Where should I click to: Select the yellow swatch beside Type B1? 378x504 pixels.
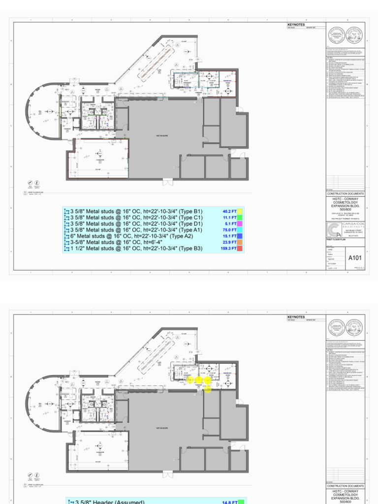pos(240,211)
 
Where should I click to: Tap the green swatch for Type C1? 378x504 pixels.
pos(240,218)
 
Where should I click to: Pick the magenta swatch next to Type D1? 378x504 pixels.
pos(240,223)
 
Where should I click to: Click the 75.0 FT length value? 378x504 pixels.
pos(229,230)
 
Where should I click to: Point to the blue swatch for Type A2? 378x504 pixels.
pos(240,236)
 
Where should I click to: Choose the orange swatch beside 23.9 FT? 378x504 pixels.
pos(240,242)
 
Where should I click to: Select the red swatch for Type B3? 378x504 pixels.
pos(240,249)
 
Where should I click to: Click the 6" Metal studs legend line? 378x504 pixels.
pos(128,236)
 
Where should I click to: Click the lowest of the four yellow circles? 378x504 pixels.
pos(208,390)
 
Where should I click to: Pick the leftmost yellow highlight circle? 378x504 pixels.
pos(190,380)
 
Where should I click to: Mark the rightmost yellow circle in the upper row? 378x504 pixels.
pos(208,380)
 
